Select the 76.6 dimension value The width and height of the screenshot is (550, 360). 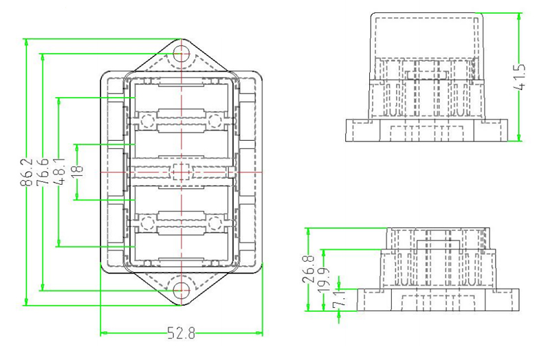tap(43, 172)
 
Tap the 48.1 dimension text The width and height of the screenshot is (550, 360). tap(60, 172)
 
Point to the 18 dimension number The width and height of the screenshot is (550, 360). tap(76, 169)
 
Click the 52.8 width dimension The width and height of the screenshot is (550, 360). tap(182, 334)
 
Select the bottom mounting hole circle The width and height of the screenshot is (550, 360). tap(181, 289)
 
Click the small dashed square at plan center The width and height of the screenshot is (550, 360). tap(181, 170)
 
